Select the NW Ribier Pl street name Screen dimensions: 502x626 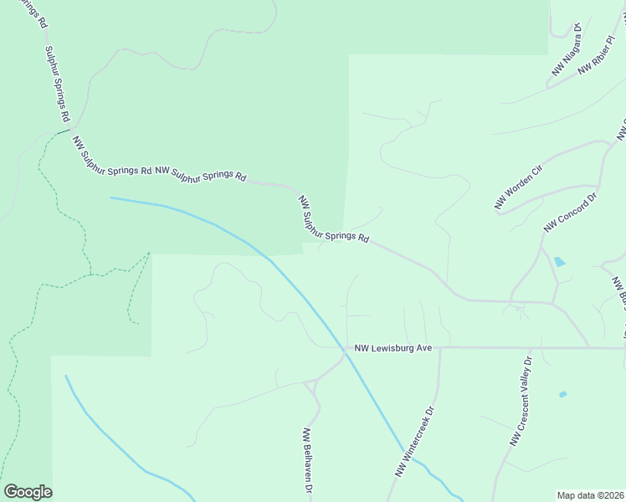click(x=602, y=55)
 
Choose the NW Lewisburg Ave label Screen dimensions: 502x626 click(x=393, y=347)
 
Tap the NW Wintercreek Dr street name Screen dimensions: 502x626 click(x=416, y=443)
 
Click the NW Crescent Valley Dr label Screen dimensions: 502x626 click(x=521, y=402)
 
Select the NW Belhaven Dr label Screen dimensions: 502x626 click(x=307, y=459)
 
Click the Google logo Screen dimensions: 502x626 click(x=28, y=492)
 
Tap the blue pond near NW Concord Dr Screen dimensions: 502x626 click(x=559, y=262)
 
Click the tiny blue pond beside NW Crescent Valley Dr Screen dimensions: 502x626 click(x=562, y=394)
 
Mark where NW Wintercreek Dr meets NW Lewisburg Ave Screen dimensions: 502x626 click(x=439, y=348)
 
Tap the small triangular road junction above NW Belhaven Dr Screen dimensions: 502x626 click(x=310, y=385)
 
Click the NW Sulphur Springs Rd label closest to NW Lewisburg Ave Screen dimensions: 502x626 click(x=334, y=219)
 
